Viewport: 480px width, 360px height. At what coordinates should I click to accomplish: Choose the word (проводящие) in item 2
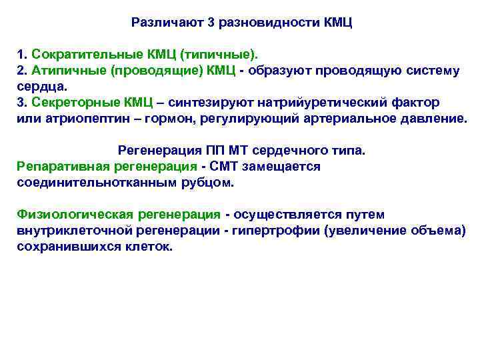pos(151,71)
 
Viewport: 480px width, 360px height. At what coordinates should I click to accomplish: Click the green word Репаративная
pos(59,166)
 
